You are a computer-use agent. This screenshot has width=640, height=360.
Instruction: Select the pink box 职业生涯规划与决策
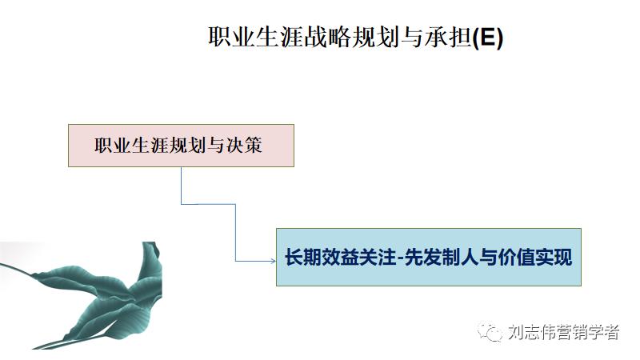click(x=181, y=146)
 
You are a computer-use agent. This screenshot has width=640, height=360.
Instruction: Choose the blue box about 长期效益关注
click(x=428, y=258)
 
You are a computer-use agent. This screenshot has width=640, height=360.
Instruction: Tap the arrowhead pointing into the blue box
click(x=271, y=259)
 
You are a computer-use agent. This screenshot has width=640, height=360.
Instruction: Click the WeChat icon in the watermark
click(x=490, y=332)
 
